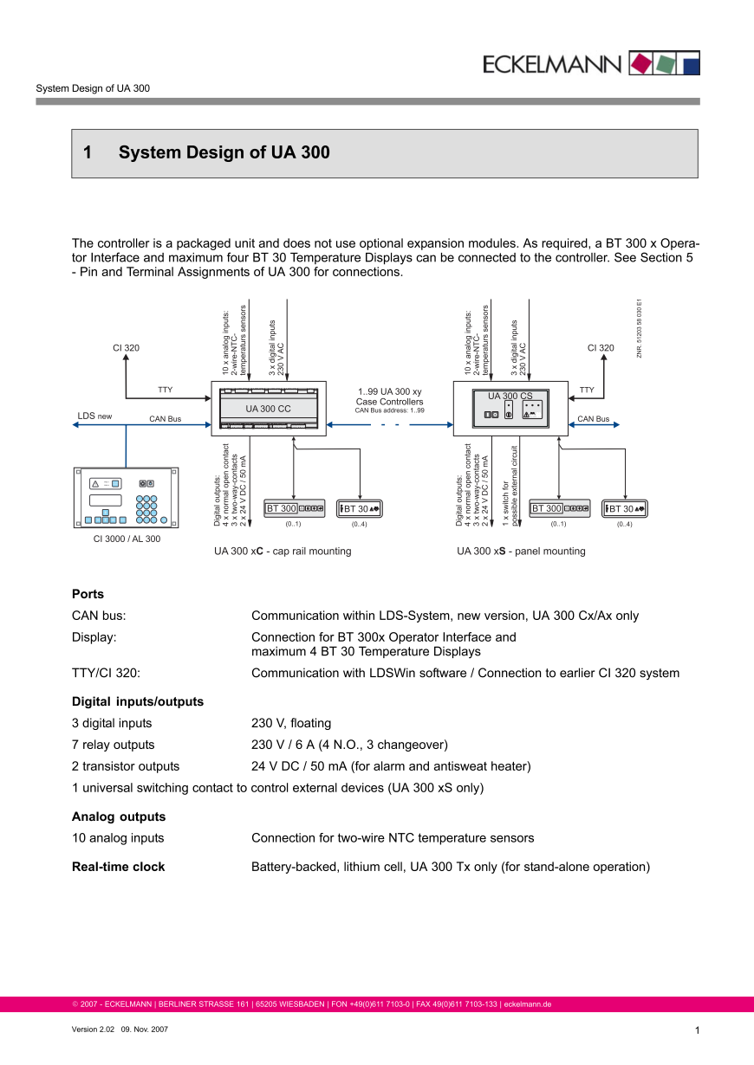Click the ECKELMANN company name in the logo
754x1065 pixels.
point(552,64)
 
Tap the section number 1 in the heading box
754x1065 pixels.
point(88,153)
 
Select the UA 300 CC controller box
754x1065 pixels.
point(269,407)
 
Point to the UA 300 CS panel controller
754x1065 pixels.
point(510,407)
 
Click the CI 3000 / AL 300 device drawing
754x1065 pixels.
point(127,497)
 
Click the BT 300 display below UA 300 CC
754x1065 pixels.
point(295,509)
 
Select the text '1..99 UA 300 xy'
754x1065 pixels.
point(390,391)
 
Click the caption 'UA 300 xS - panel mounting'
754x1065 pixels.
point(521,551)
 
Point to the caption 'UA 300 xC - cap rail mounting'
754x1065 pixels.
point(283,551)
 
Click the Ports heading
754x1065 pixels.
point(88,594)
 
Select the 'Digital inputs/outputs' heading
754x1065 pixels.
point(138,701)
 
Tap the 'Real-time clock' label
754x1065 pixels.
point(118,867)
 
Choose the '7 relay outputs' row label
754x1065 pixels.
point(114,745)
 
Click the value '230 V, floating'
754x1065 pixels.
point(291,723)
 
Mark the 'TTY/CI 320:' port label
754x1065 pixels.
point(106,673)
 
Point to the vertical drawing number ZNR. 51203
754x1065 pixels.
point(639,329)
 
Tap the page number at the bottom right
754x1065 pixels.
point(697,1029)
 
